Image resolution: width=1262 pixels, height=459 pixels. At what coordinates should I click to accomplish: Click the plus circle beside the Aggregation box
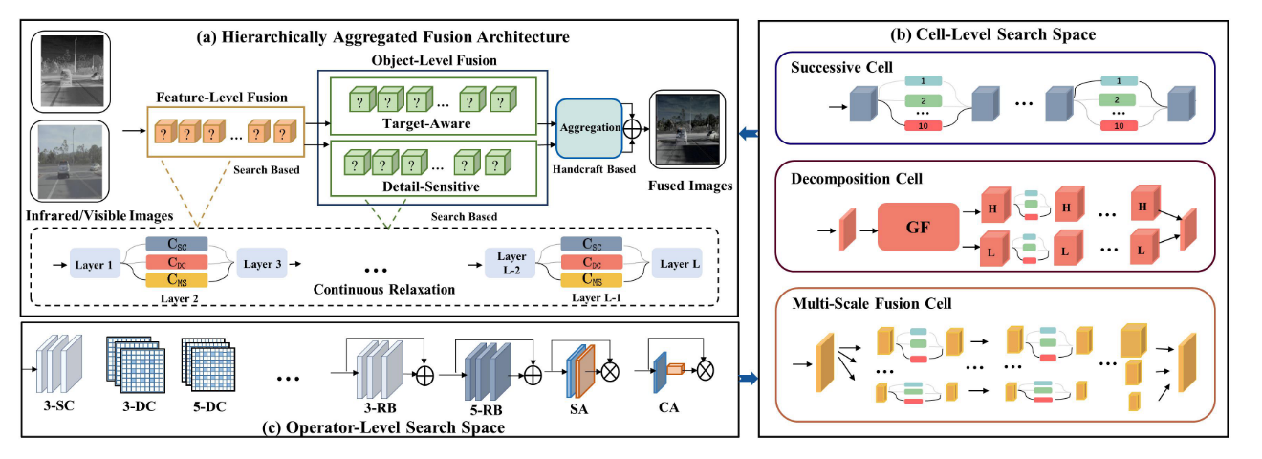pos(632,126)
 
